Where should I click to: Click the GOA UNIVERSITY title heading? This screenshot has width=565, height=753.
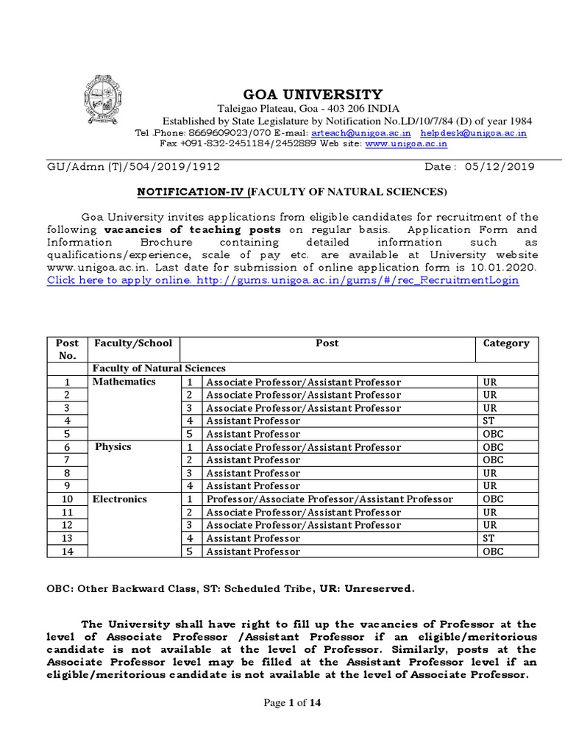[313, 94]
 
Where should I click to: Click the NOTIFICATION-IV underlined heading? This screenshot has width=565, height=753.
[192, 192]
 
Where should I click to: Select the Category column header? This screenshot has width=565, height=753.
[505, 343]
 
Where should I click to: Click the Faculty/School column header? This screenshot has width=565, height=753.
[133, 343]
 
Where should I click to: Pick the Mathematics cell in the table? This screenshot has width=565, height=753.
[124, 382]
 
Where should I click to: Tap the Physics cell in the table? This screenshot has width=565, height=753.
[113, 447]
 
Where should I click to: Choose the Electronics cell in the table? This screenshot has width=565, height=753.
[120, 499]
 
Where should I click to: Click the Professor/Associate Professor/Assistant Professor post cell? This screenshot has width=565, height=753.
[329, 499]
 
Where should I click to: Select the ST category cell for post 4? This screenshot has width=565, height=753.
[488, 421]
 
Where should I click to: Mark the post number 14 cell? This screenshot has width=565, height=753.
[66, 552]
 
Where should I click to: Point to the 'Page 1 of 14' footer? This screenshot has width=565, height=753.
[292, 703]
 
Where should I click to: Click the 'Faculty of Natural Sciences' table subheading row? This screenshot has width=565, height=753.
[159, 368]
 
